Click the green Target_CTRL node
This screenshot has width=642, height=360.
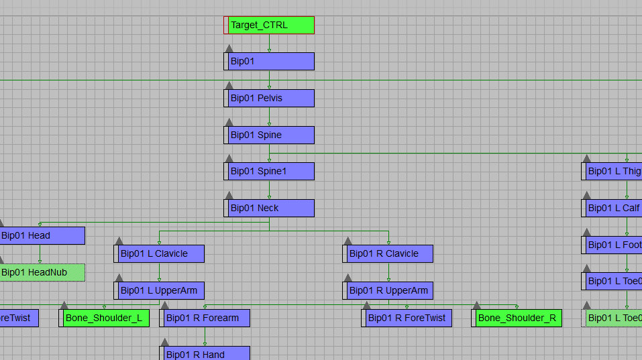point(269,25)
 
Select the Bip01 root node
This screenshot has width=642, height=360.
point(269,62)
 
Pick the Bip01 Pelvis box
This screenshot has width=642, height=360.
point(269,99)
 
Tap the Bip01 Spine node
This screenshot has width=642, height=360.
point(269,135)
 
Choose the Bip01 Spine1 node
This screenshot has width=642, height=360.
point(269,172)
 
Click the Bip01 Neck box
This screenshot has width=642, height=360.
point(269,208)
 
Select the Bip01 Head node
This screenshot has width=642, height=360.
point(42,235)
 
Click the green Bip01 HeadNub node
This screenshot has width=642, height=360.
point(42,272)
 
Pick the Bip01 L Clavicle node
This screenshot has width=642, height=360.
point(159,254)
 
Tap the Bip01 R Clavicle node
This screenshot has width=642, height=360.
point(388,254)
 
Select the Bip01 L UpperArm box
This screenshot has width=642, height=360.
point(159,291)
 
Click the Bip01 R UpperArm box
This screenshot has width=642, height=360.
point(388,291)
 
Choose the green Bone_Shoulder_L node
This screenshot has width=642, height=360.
point(105,318)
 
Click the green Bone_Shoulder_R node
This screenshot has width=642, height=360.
point(517,318)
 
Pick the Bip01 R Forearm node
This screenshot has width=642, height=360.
point(205,318)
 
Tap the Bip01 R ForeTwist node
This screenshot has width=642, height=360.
point(407,318)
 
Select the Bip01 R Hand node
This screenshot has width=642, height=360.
point(205,353)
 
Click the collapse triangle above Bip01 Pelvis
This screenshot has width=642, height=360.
point(229,85)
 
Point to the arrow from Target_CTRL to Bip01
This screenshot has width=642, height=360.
point(269,44)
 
